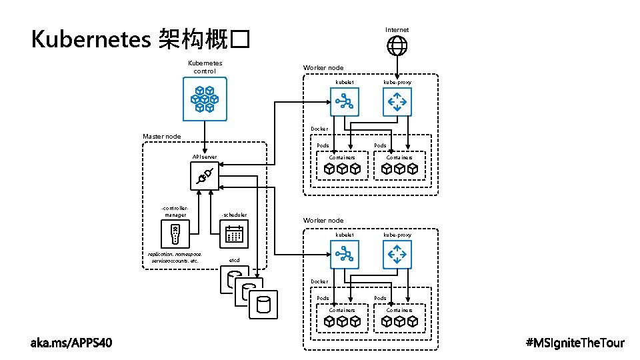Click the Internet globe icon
397,45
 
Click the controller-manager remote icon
175,234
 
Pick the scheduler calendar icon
234,234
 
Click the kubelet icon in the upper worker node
345,102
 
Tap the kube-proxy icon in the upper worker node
397,102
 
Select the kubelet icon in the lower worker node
345,254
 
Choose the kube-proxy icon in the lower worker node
397,254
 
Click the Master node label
161,137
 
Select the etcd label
234,260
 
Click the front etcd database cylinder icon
264,304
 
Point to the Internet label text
397,29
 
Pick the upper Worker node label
323,68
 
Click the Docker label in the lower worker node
319,281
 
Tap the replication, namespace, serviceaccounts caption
175,257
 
